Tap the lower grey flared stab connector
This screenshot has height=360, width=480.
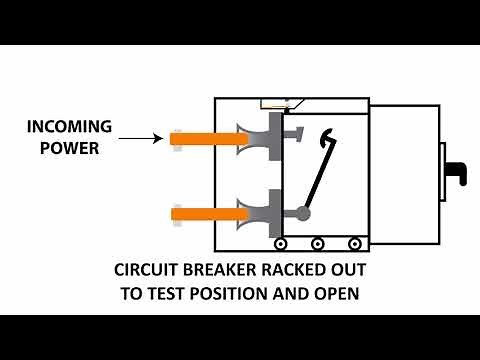coord(258,212)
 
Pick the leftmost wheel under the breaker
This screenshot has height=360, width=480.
coord(281,243)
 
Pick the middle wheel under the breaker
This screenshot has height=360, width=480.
coord(318,243)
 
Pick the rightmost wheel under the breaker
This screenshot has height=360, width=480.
coord(354,243)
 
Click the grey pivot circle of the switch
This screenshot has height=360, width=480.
coord(304,213)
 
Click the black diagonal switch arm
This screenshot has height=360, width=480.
coord(317,174)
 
